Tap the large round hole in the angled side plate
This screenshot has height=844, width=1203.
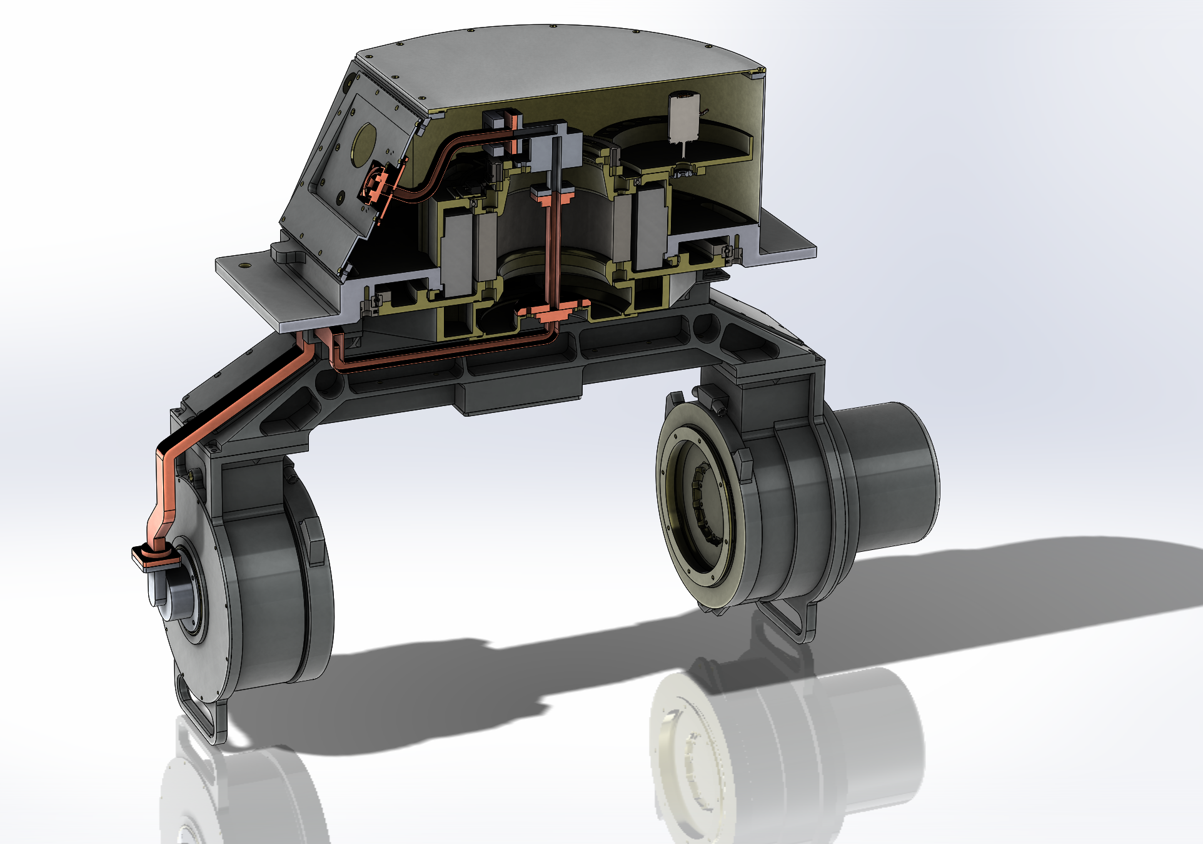pos(364,145)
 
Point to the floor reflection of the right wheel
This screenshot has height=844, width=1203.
pos(788,751)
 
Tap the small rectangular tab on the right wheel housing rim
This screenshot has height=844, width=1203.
pos(744,463)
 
